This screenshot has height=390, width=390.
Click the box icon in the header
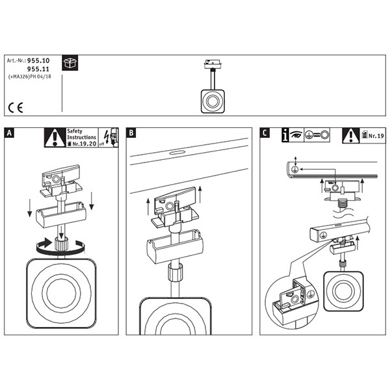point(70,63)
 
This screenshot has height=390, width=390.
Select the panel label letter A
point(9,134)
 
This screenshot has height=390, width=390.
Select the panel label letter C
point(265,134)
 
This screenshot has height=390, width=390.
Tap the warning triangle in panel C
point(351,135)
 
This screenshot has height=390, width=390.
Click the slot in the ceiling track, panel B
point(175,153)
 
